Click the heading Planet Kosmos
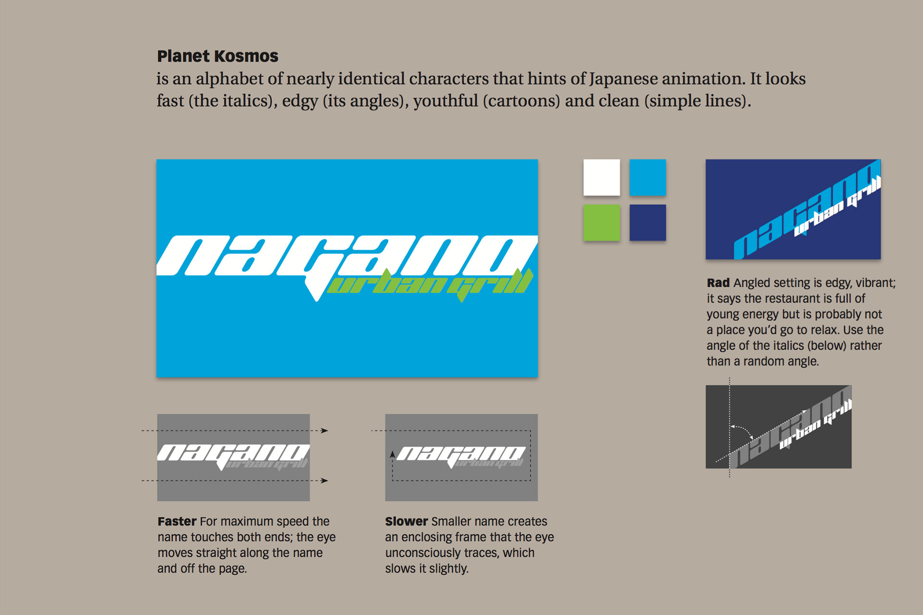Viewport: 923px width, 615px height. coord(217,56)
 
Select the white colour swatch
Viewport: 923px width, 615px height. coord(601,177)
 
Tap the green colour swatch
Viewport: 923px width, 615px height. coord(601,222)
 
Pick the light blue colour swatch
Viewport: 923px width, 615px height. coord(648,177)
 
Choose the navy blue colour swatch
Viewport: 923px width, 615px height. coord(648,222)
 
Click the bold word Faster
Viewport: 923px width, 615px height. coord(177,521)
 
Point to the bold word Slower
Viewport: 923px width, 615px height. coord(406,521)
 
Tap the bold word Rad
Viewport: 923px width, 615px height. coord(718,283)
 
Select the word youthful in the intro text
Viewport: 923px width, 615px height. coord(446,101)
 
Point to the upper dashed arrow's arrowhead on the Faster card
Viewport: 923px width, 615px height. coord(325,430)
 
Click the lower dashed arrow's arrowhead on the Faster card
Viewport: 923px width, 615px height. coord(325,480)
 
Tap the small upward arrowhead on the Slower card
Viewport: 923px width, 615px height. coord(392,454)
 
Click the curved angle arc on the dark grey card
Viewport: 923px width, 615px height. coord(743,430)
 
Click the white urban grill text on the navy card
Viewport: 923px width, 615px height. coord(837,207)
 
